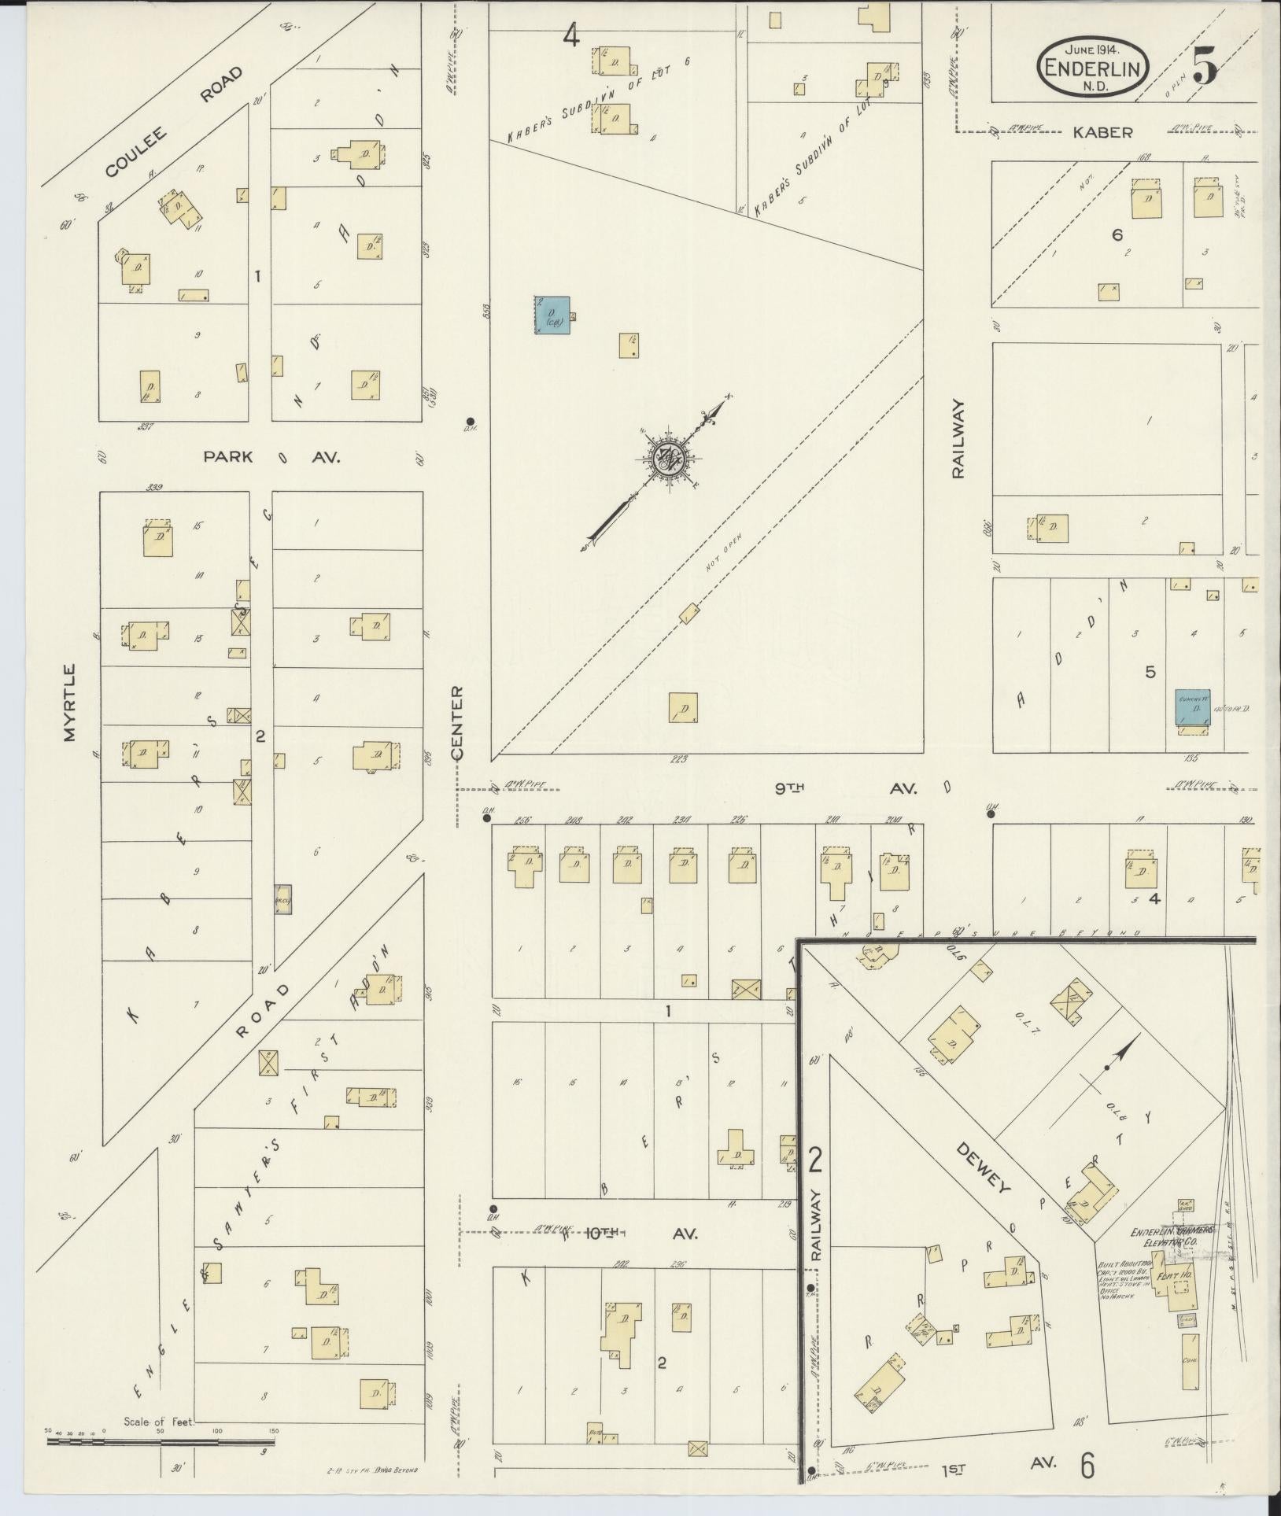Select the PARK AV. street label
point(271,457)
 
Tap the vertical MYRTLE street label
point(72,703)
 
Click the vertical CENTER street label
point(457,722)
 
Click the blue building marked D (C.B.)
point(553,316)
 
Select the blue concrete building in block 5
point(1193,707)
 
